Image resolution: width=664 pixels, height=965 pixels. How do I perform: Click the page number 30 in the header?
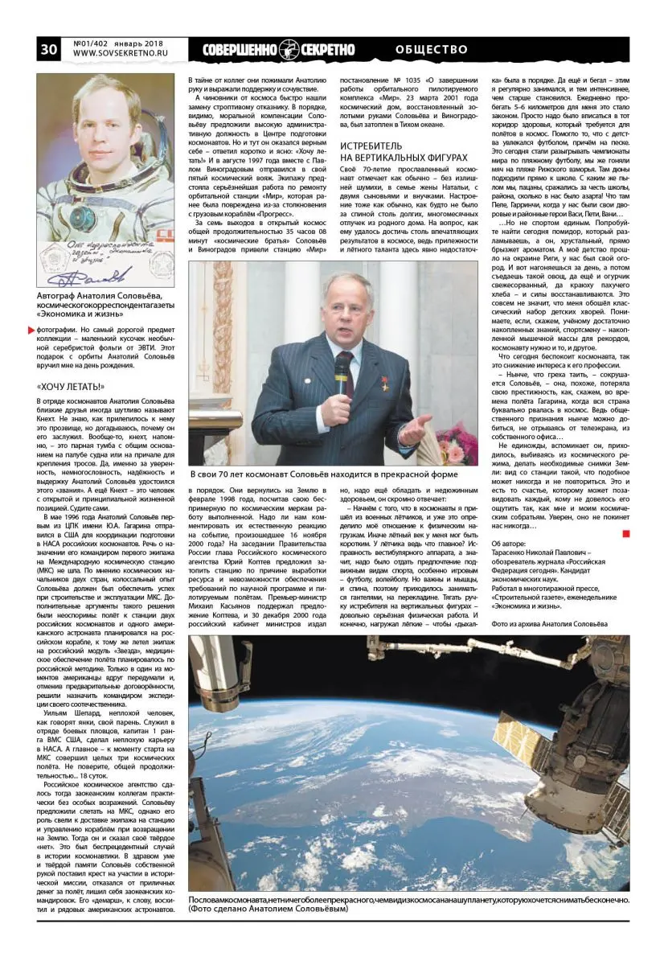(48, 49)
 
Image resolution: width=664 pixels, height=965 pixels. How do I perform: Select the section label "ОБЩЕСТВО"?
(432, 50)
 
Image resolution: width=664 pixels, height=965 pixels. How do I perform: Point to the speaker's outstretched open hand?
(416, 429)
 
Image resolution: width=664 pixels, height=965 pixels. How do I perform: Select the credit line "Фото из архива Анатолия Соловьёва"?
(549, 622)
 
